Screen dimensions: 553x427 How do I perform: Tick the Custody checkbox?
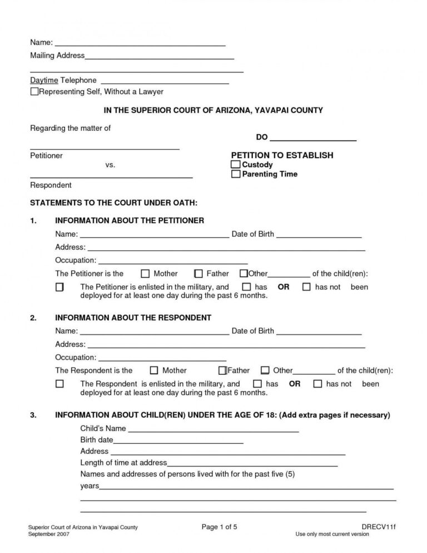pos(236,165)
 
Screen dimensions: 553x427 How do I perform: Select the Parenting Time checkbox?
pos(236,174)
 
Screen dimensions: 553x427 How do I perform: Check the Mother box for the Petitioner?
pos(146,273)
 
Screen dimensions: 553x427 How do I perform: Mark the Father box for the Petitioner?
pos(198,273)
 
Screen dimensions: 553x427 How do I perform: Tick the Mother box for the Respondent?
pos(155,370)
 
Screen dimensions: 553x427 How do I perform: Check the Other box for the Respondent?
pos(265,370)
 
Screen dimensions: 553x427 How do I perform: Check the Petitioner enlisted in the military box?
pos(59,287)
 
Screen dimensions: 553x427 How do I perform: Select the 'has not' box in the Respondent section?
pos(317,384)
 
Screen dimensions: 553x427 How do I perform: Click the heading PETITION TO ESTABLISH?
pos(282,155)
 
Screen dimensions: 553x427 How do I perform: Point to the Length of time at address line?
pos(252,463)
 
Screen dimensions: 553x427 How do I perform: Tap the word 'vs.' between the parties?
pos(110,165)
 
